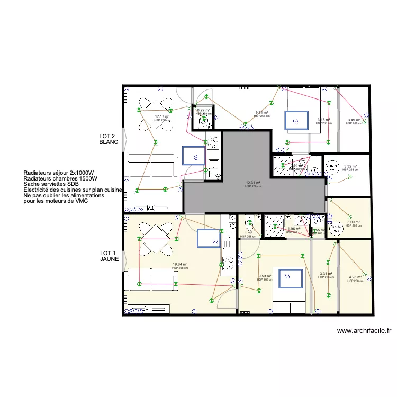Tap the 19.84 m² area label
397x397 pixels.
(x=180, y=264)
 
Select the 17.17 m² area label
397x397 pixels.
(x=162, y=116)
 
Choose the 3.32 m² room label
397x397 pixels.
(x=350, y=166)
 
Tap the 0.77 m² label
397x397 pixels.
(x=203, y=110)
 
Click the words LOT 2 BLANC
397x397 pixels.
(x=108, y=140)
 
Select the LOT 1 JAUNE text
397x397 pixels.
(x=109, y=257)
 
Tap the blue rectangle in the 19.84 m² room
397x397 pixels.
(x=209, y=238)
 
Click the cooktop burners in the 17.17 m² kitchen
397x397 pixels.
(x=213, y=142)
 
